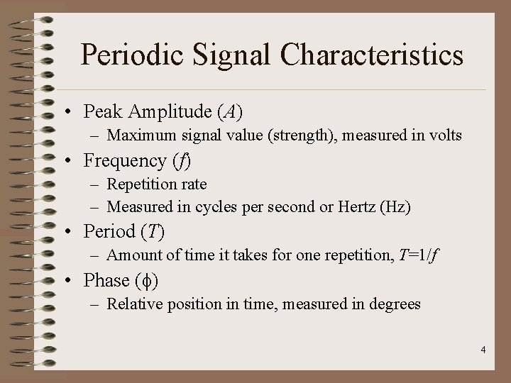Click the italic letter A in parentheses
(229, 111)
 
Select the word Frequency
(126, 161)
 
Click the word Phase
(106, 281)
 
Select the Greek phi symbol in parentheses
(145, 282)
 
